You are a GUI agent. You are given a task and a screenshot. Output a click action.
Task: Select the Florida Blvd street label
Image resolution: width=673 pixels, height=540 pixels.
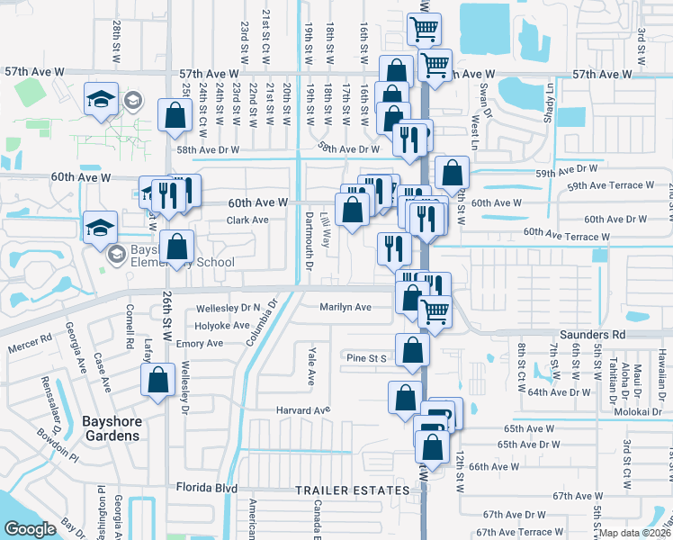(x=207, y=489)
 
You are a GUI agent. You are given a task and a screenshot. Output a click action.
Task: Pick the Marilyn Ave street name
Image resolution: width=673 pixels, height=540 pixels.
(x=345, y=307)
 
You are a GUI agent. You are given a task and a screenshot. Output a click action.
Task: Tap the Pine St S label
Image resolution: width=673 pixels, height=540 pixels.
(x=366, y=358)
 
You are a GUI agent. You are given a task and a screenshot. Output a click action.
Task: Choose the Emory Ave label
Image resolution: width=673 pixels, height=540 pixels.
(x=199, y=344)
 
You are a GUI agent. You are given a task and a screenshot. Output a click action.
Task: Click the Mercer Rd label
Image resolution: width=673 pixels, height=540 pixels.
(x=32, y=340)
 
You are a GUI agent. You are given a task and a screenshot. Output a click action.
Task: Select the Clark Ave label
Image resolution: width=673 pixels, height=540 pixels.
(x=247, y=220)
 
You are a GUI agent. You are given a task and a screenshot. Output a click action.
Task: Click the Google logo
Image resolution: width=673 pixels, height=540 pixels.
(x=31, y=529)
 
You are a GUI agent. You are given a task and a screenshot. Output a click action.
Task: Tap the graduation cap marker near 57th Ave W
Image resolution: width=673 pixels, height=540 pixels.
(x=101, y=99)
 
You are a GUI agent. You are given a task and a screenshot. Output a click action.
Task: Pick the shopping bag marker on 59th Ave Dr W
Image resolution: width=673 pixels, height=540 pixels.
(x=452, y=172)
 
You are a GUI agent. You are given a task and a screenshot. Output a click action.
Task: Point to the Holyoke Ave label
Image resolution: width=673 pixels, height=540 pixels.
(x=222, y=325)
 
